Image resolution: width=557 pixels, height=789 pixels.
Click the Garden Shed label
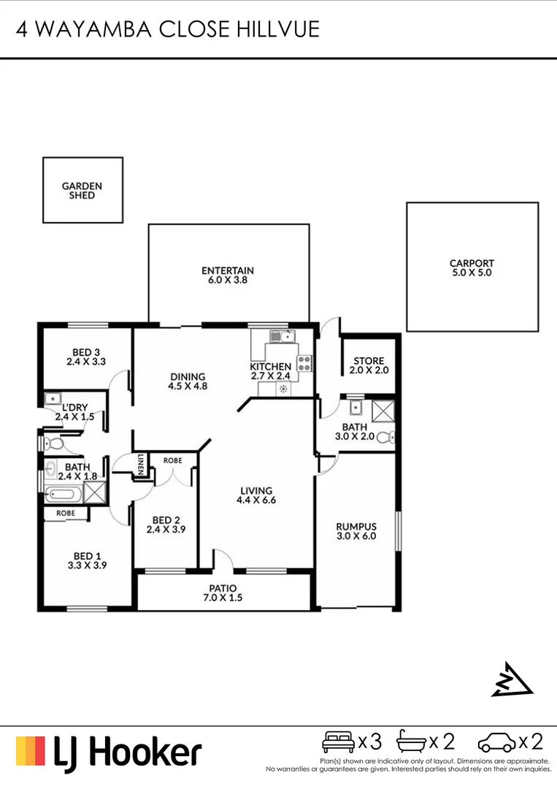coord(82,191)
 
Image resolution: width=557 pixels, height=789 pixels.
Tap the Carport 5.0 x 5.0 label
coord(472,268)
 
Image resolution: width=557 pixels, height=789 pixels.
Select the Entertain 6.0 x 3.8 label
coord(228,275)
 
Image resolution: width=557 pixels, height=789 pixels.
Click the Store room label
coord(369,365)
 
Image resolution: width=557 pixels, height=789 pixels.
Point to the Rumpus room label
coord(356,531)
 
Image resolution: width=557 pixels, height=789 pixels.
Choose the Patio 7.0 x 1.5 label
coord(224,592)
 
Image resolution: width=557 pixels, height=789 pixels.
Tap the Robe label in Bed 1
coord(65,514)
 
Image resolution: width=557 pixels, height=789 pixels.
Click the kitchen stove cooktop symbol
coord(304,362)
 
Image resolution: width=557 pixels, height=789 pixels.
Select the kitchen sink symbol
coord(281,337)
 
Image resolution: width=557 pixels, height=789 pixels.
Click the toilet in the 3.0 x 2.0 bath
coord(391,438)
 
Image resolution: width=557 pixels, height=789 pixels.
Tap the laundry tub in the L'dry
coord(53,399)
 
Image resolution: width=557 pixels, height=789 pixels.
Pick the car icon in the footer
coord(496,744)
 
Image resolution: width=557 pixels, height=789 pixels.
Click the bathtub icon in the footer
coord(411,743)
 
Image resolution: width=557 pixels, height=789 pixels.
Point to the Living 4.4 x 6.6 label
coord(254,495)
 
